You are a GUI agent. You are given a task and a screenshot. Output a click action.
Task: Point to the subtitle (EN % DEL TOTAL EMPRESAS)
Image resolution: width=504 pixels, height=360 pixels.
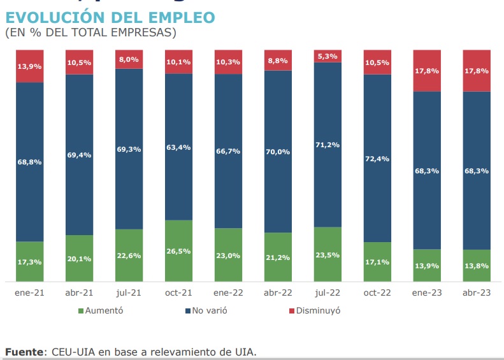tap(90, 32)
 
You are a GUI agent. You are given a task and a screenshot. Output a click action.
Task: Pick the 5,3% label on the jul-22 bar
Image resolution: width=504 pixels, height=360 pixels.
tap(328, 56)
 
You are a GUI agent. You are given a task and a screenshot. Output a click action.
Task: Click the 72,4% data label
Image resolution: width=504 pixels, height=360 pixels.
tap(377, 158)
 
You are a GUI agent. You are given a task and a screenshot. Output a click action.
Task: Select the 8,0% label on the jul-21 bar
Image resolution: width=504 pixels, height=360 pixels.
tap(129, 59)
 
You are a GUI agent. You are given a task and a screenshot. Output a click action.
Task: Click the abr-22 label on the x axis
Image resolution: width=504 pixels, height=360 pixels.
tap(278, 292)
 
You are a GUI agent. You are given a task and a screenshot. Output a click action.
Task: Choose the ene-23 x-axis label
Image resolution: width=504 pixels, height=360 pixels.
tap(427, 292)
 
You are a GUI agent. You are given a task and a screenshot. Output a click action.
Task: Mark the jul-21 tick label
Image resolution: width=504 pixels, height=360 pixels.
tap(129, 292)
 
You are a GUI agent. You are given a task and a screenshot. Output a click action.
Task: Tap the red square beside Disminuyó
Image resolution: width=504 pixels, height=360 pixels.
tap(292, 311)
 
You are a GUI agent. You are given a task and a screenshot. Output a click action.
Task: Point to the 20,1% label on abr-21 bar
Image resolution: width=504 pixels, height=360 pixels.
tap(79, 258)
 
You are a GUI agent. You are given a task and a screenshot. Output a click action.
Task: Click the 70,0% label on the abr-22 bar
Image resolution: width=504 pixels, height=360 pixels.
tap(278, 152)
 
